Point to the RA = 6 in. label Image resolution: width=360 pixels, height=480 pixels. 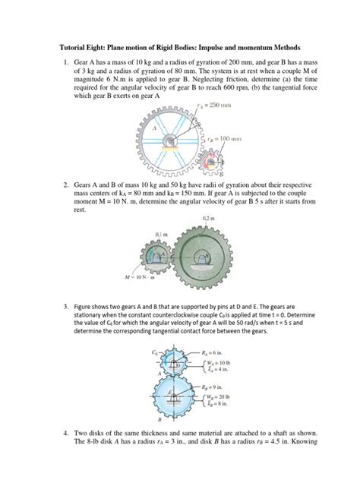[x=216, y=353]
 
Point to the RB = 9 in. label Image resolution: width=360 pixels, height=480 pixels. [x=216, y=386]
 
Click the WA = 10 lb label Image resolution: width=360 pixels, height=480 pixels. [x=220, y=364]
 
